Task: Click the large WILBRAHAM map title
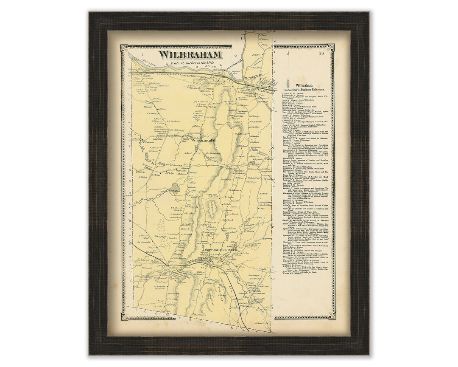click(x=190, y=55)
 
